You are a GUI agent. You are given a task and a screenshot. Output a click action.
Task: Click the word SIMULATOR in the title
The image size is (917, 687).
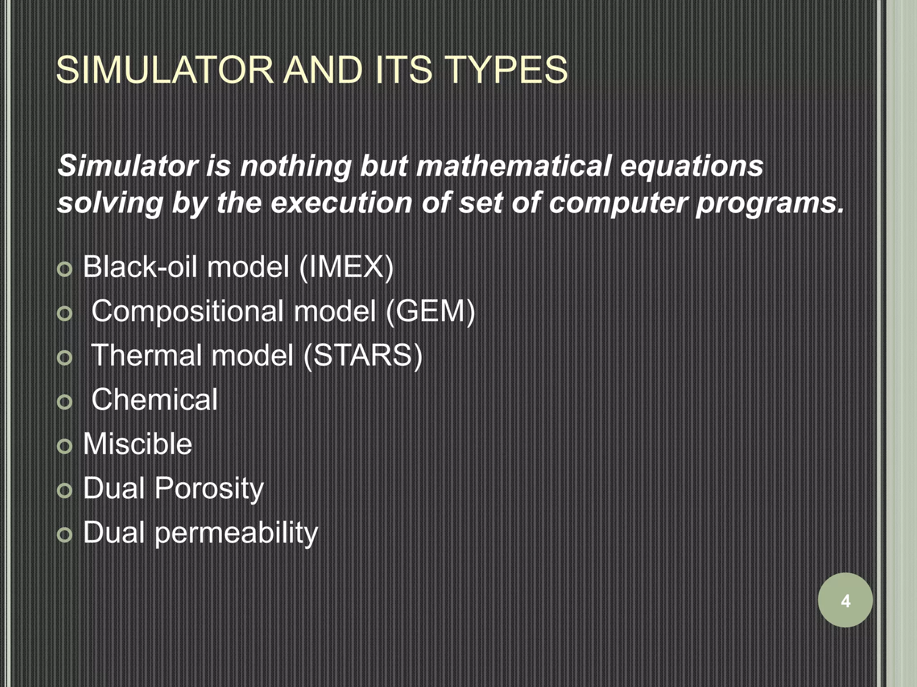pyautogui.click(x=165, y=70)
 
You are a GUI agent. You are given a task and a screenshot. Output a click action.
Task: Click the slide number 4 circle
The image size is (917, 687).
pyautogui.click(x=845, y=600)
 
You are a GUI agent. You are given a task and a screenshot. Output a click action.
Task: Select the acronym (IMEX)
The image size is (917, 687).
pyautogui.click(x=346, y=267)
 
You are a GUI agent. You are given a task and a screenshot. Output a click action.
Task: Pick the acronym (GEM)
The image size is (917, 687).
pyautogui.click(x=429, y=311)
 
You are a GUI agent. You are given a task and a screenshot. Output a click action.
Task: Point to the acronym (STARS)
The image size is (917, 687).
pyautogui.click(x=363, y=356)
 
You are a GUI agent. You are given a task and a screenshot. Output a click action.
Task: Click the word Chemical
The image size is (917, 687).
pyautogui.click(x=154, y=399)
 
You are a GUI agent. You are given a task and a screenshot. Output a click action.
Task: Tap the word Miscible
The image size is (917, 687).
pyautogui.click(x=137, y=444)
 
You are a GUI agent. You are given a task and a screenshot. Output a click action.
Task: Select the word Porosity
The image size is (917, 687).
pyautogui.click(x=209, y=488)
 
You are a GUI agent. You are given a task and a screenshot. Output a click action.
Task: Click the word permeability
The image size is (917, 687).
pyautogui.click(x=236, y=533)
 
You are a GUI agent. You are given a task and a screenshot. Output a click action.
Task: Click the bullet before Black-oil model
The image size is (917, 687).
pyautogui.click(x=65, y=269)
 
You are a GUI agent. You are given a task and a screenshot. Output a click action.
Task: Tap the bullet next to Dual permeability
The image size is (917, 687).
pyautogui.click(x=65, y=534)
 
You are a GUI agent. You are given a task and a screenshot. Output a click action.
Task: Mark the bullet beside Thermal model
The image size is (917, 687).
pyautogui.click(x=65, y=358)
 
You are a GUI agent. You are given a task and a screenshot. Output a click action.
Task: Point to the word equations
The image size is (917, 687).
pyautogui.click(x=691, y=166)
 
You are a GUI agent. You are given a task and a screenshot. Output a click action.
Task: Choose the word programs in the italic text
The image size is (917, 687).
pyautogui.click(x=769, y=204)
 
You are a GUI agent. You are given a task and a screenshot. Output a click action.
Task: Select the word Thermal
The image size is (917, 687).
pyautogui.click(x=146, y=356)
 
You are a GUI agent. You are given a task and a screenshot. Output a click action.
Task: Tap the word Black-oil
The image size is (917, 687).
pyautogui.click(x=140, y=267)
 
